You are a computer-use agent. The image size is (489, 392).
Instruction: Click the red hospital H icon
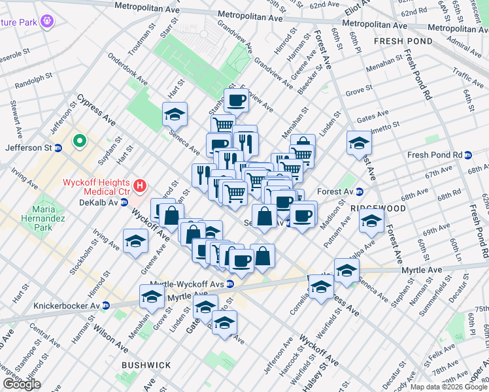[x=139, y=187]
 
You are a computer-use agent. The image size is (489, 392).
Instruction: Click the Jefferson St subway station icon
[x=58, y=148]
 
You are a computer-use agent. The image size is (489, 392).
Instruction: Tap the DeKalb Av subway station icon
[x=124, y=203]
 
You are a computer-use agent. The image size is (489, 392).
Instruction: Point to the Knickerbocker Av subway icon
[x=106, y=305]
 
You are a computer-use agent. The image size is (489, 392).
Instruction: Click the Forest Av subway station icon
[x=360, y=192]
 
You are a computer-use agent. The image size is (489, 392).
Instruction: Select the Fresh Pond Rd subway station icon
[x=468, y=155]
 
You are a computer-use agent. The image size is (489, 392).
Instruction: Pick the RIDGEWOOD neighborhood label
[x=379, y=208]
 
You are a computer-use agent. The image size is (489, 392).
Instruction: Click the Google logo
[x=22, y=384]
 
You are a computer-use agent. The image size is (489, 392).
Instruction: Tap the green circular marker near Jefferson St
[x=80, y=140]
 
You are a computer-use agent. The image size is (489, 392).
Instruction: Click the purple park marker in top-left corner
[x=47, y=22]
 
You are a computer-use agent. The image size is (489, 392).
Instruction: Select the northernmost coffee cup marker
[x=236, y=101]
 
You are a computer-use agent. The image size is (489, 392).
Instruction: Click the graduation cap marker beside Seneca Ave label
[x=175, y=114]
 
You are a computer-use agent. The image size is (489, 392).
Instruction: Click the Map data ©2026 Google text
[x=448, y=386]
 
